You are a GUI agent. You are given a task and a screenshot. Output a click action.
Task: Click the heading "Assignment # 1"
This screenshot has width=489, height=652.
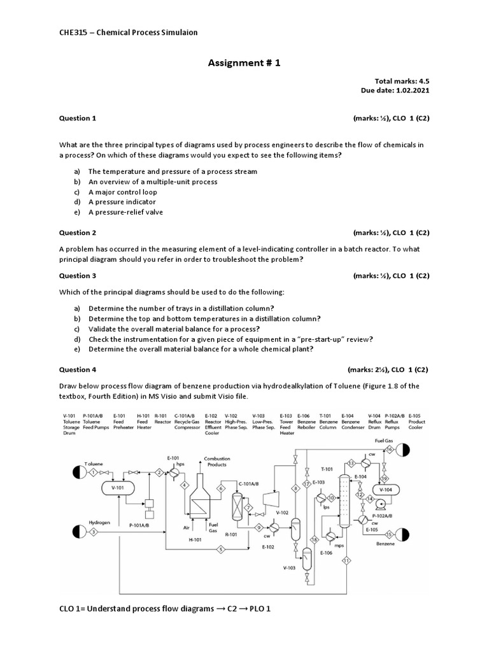[244, 63]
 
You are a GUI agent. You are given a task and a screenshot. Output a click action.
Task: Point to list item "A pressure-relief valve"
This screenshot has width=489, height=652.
[125, 212]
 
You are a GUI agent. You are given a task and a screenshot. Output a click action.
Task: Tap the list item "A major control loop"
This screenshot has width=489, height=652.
[122, 192]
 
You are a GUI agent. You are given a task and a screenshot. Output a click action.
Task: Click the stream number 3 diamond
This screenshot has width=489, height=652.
[94, 530]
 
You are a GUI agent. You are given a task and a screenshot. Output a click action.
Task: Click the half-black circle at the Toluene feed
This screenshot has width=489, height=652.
[79, 472]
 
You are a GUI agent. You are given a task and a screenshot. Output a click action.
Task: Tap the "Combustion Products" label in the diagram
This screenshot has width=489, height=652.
[217, 462]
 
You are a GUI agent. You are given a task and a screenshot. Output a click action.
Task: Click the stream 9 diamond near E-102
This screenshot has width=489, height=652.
[259, 527]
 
